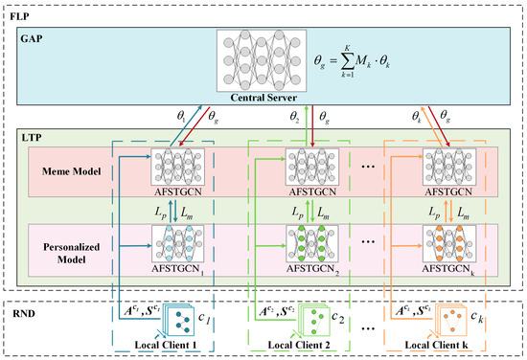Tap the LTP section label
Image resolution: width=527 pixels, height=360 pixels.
(x=26, y=140)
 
